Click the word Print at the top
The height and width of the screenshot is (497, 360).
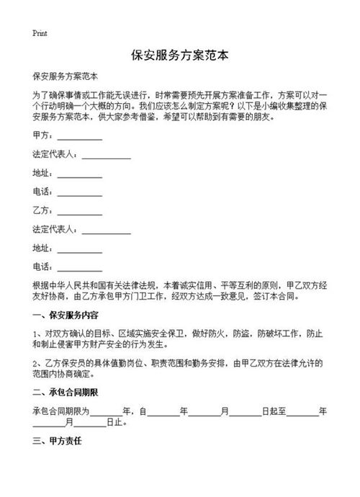(40, 33)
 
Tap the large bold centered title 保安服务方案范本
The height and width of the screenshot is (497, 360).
(180, 55)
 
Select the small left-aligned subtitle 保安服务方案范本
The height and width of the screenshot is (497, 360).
(66, 76)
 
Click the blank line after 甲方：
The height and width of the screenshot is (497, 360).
(80, 137)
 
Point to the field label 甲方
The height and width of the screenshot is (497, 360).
(42, 135)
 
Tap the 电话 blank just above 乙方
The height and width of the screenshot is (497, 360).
(80, 193)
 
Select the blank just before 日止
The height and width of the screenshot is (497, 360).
(91, 424)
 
